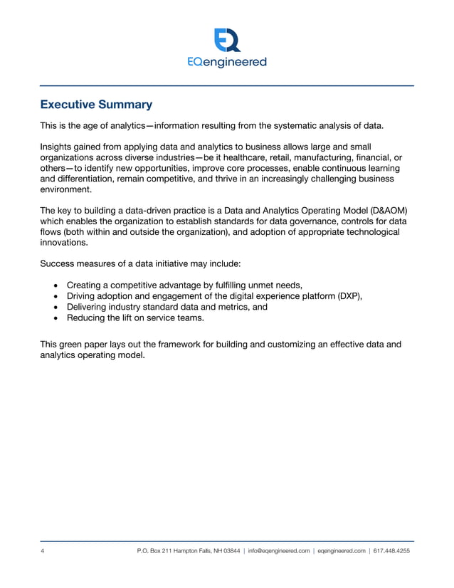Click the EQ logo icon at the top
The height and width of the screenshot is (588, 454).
point(227,40)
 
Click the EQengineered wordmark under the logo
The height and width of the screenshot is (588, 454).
point(227,62)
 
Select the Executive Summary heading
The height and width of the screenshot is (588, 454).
point(96,105)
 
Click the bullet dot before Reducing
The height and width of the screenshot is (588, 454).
point(56,319)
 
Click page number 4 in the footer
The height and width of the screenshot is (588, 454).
point(43,550)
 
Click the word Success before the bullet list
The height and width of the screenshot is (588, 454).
point(60,263)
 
